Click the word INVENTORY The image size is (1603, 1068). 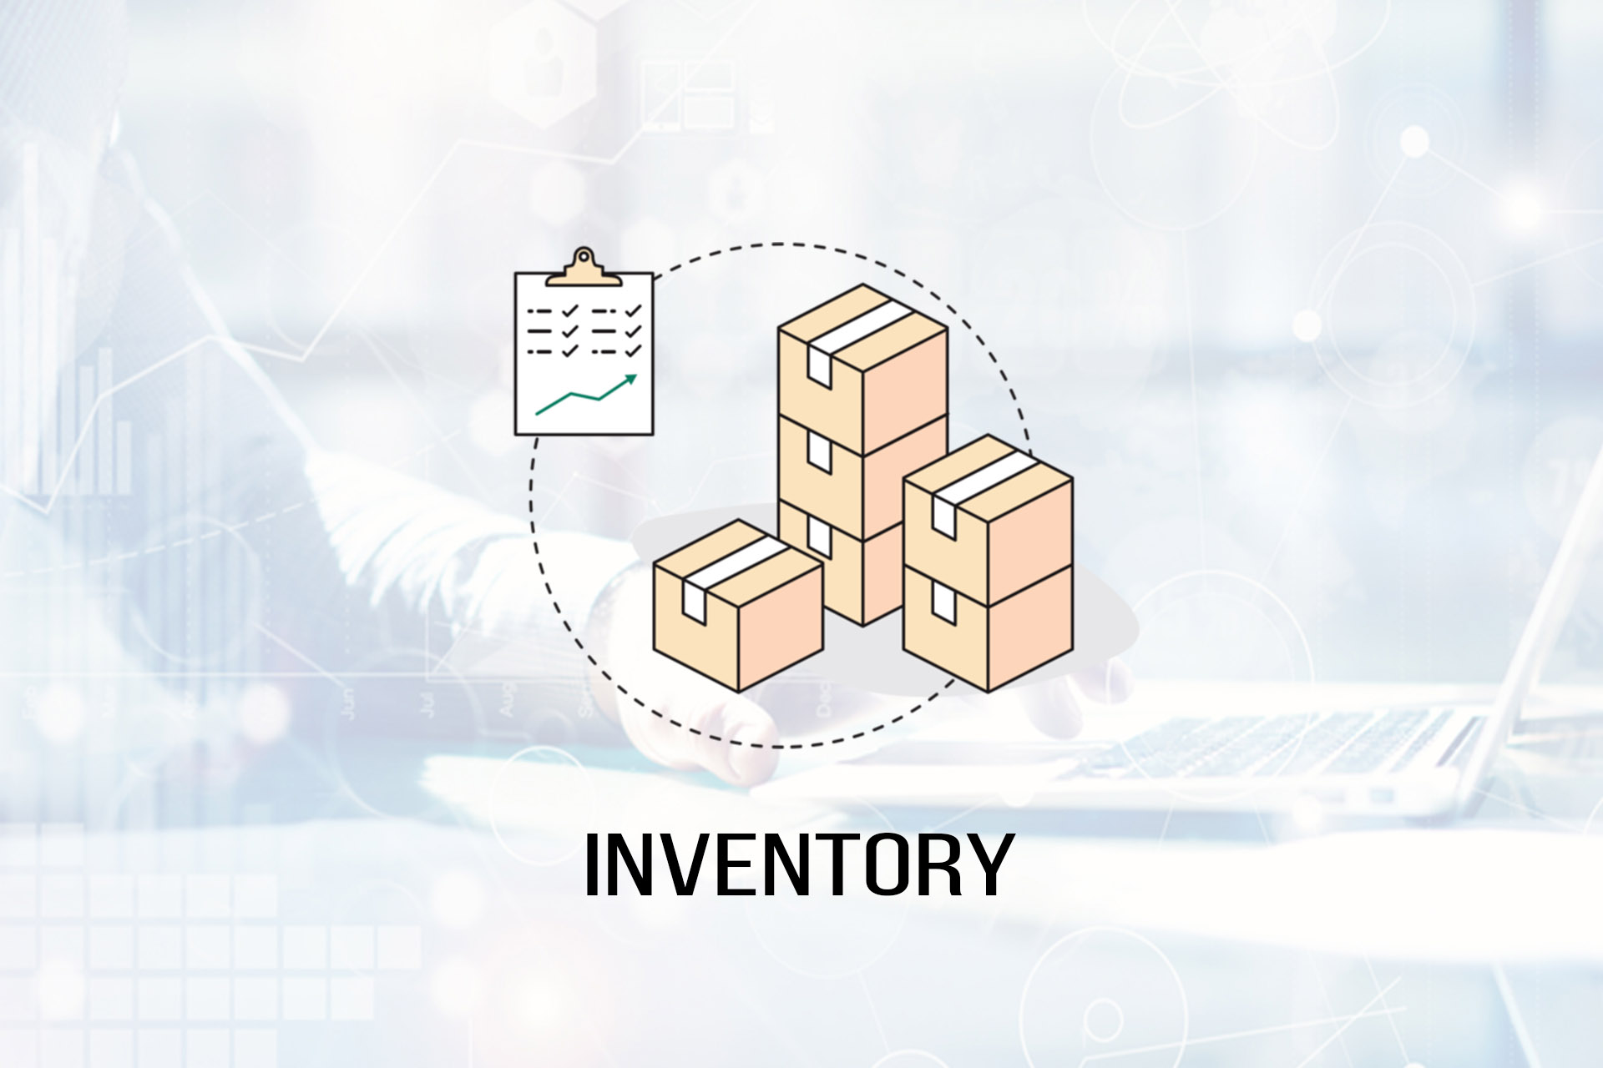pos(799,864)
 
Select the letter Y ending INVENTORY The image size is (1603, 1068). pos(989,864)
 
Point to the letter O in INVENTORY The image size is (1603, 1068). pos(882,864)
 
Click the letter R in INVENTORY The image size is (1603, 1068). pos(937,864)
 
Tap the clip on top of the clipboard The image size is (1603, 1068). pos(584,266)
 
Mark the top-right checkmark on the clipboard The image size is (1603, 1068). pos(634,310)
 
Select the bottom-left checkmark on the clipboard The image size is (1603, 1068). pos(570,351)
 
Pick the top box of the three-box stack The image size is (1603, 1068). pos(863,370)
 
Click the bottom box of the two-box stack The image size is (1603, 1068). pos(989,627)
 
